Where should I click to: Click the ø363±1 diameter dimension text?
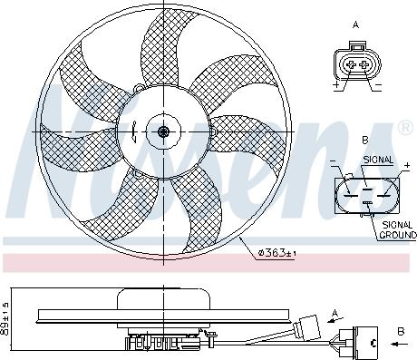coord(277,252)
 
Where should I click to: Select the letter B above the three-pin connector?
coord(364,141)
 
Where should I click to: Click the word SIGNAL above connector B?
coord(378,160)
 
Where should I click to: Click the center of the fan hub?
coord(163,132)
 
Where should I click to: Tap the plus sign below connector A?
coord(337,88)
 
